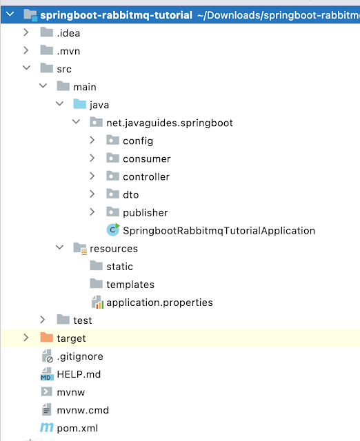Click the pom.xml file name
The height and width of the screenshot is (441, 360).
click(x=77, y=428)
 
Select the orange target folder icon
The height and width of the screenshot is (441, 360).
click(x=47, y=337)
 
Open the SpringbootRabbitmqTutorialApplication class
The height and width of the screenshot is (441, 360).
click(x=219, y=231)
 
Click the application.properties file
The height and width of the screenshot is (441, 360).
click(x=159, y=302)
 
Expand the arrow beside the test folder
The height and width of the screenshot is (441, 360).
click(x=43, y=320)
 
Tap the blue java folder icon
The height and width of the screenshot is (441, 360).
click(x=80, y=104)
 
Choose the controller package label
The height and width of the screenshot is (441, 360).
click(x=146, y=176)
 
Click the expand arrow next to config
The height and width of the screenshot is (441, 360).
click(x=92, y=140)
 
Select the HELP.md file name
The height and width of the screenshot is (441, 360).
click(x=79, y=374)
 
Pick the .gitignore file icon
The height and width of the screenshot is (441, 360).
click(x=47, y=356)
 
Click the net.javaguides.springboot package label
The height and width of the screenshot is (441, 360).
click(x=170, y=123)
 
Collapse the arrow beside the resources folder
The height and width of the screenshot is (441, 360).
click(x=60, y=247)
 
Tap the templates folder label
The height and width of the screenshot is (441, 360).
click(x=130, y=285)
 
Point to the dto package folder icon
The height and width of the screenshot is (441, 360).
click(x=112, y=194)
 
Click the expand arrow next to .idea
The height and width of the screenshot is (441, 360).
click(x=26, y=32)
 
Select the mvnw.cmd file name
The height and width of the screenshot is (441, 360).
click(x=83, y=411)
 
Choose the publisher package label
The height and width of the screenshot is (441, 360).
click(x=146, y=213)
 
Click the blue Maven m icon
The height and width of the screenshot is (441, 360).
click(x=47, y=428)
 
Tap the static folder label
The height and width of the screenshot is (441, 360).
click(x=119, y=267)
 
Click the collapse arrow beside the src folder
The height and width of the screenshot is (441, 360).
click(x=26, y=68)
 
